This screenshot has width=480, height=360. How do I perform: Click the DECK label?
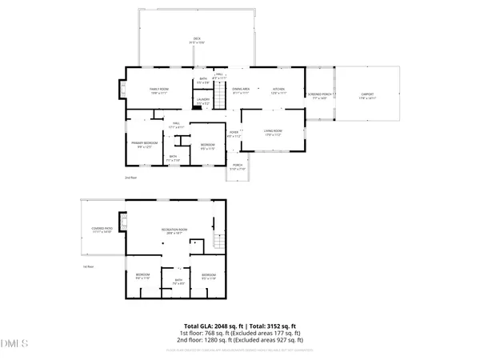[x=196, y=39]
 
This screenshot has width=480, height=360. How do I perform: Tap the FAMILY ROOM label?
[x=159, y=90]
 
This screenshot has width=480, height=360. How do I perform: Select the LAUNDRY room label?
[x=203, y=100]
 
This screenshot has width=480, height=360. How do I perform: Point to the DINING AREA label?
[x=241, y=90]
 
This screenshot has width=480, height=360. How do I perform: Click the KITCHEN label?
[x=278, y=90]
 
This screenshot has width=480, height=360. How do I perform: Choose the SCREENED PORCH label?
[x=319, y=94]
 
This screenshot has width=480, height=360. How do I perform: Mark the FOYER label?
[x=234, y=134]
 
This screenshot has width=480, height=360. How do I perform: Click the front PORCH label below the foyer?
[x=238, y=167]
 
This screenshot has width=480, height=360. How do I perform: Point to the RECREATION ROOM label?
[x=174, y=230]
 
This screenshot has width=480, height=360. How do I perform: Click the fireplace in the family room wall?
[x=122, y=89]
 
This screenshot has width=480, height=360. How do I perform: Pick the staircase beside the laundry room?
[x=217, y=101]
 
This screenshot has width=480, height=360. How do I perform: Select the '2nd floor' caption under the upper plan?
[x=130, y=178]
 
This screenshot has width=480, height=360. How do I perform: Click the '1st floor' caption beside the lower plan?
[x=88, y=266]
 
